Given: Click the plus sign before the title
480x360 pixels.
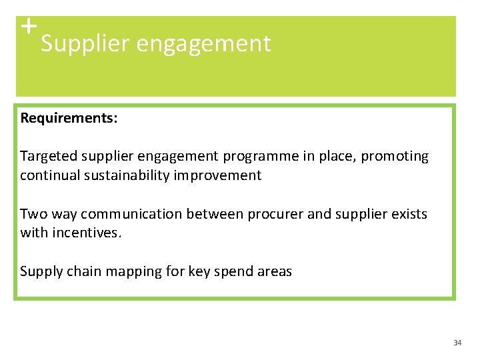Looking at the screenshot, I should (x=27, y=27).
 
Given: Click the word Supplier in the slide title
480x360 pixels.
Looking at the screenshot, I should (x=85, y=44).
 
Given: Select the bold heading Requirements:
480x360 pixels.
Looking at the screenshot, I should (x=69, y=118).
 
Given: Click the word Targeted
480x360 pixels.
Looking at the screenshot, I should (x=49, y=157).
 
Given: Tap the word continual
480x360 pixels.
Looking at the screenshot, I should (x=47, y=175).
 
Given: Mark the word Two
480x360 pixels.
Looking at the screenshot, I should (x=32, y=214).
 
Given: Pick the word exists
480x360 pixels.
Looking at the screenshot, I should (x=409, y=214).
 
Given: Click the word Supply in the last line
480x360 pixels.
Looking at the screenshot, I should (x=40, y=272).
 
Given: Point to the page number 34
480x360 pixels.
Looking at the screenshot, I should (x=457, y=343).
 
